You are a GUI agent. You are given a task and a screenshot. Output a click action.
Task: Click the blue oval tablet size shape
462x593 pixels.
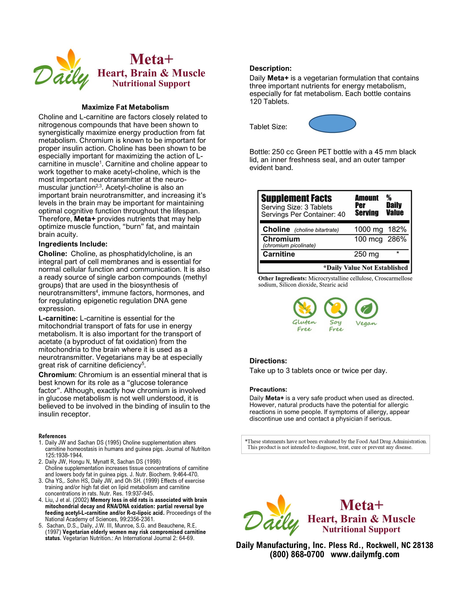click(x=332, y=123)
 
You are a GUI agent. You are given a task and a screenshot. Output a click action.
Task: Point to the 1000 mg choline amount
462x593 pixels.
click(x=368, y=230)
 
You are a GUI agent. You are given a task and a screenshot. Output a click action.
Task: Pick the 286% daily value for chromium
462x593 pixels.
click(x=397, y=239)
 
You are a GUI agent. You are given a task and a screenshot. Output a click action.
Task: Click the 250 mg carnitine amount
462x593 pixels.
click(x=366, y=254)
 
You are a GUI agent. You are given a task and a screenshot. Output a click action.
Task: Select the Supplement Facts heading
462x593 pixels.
click(x=296, y=198)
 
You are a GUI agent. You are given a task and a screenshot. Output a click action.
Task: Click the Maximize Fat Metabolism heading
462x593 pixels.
click(x=125, y=107)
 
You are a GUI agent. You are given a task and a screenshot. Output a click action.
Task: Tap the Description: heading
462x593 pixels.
click(x=270, y=69)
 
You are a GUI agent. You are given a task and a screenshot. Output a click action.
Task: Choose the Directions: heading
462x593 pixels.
click(x=268, y=361)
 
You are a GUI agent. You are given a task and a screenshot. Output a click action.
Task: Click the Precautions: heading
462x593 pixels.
click(x=268, y=389)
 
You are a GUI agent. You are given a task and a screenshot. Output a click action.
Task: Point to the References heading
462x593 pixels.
click(x=52, y=436)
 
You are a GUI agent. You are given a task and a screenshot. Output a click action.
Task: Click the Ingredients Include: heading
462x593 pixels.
click(x=73, y=244)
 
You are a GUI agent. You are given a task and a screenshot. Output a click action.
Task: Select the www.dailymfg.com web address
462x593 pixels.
click(x=365, y=554)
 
